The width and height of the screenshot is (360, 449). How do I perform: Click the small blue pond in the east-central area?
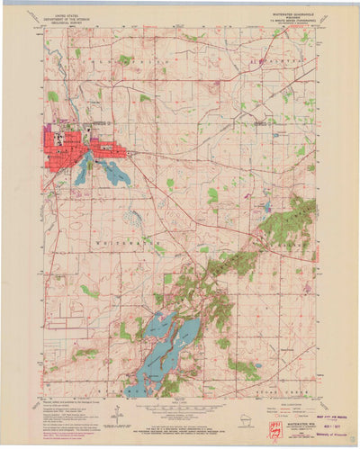click(266, 207)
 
